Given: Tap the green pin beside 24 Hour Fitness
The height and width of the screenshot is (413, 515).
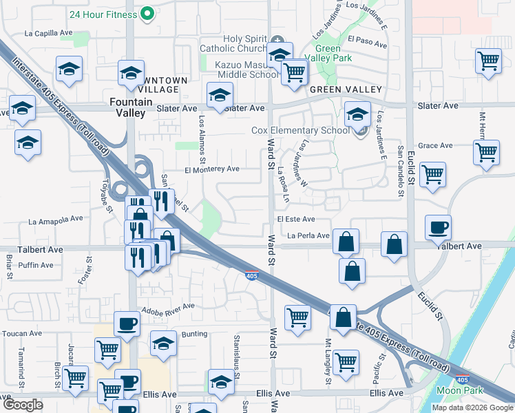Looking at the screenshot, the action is pyautogui.click(x=147, y=13).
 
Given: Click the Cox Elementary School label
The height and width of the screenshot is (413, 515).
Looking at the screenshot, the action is pyautogui.click(x=300, y=130).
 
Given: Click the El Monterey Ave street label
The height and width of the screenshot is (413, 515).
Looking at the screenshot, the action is pyautogui.click(x=211, y=169).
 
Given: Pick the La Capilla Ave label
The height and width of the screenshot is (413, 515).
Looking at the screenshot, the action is pyautogui.click(x=48, y=32).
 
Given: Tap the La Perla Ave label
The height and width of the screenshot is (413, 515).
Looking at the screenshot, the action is pyautogui.click(x=308, y=235).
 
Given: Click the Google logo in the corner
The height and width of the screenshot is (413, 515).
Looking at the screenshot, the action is pyautogui.click(x=23, y=405).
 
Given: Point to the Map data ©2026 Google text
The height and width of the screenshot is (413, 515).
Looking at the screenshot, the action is pyautogui.click(x=472, y=407).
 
